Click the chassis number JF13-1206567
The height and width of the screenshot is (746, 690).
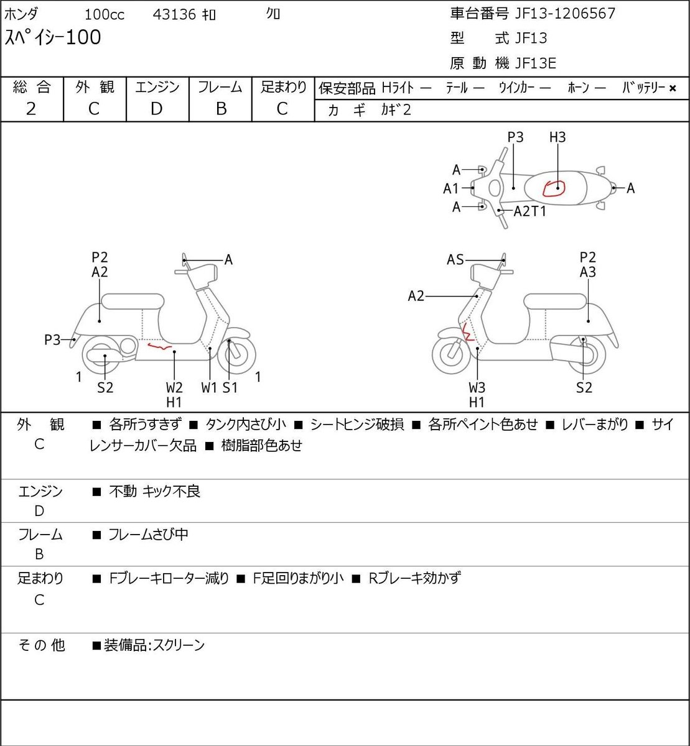pyautogui.click(x=565, y=14)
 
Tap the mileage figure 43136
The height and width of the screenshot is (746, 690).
pyautogui.click(x=174, y=15)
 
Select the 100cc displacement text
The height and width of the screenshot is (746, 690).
pyautogui.click(x=104, y=15)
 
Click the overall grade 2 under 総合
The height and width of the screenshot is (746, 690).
pyautogui.click(x=31, y=109)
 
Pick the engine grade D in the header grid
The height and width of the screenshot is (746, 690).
pyautogui.click(x=156, y=109)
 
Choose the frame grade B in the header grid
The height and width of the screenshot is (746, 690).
pyautogui.click(x=221, y=109)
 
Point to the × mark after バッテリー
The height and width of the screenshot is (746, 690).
pyautogui.click(x=673, y=88)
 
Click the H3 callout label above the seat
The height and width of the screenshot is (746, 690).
pyautogui.click(x=557, y=137)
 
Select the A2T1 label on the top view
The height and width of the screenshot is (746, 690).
pyautogui.click(x=529, y=211)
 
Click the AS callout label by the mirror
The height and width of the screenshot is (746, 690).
pyautogui.click(x=455, y=260)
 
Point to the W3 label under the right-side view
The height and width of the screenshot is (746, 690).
pyautogui.click(x=477, y=387)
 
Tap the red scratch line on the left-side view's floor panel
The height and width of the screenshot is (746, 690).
pyautogui.click(x=159, y=347)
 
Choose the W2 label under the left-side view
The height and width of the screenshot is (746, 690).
pyautogui.click(x=174, y=387)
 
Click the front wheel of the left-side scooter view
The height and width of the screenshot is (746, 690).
pyautogui.click(x=236, y=354)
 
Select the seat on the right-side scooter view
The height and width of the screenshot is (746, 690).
pyautogui.click(x=555, y=302)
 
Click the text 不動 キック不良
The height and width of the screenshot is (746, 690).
pyautogui.click(x=154, y=491)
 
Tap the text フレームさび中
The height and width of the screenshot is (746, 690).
pyautogui.click(x=148, y=535)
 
